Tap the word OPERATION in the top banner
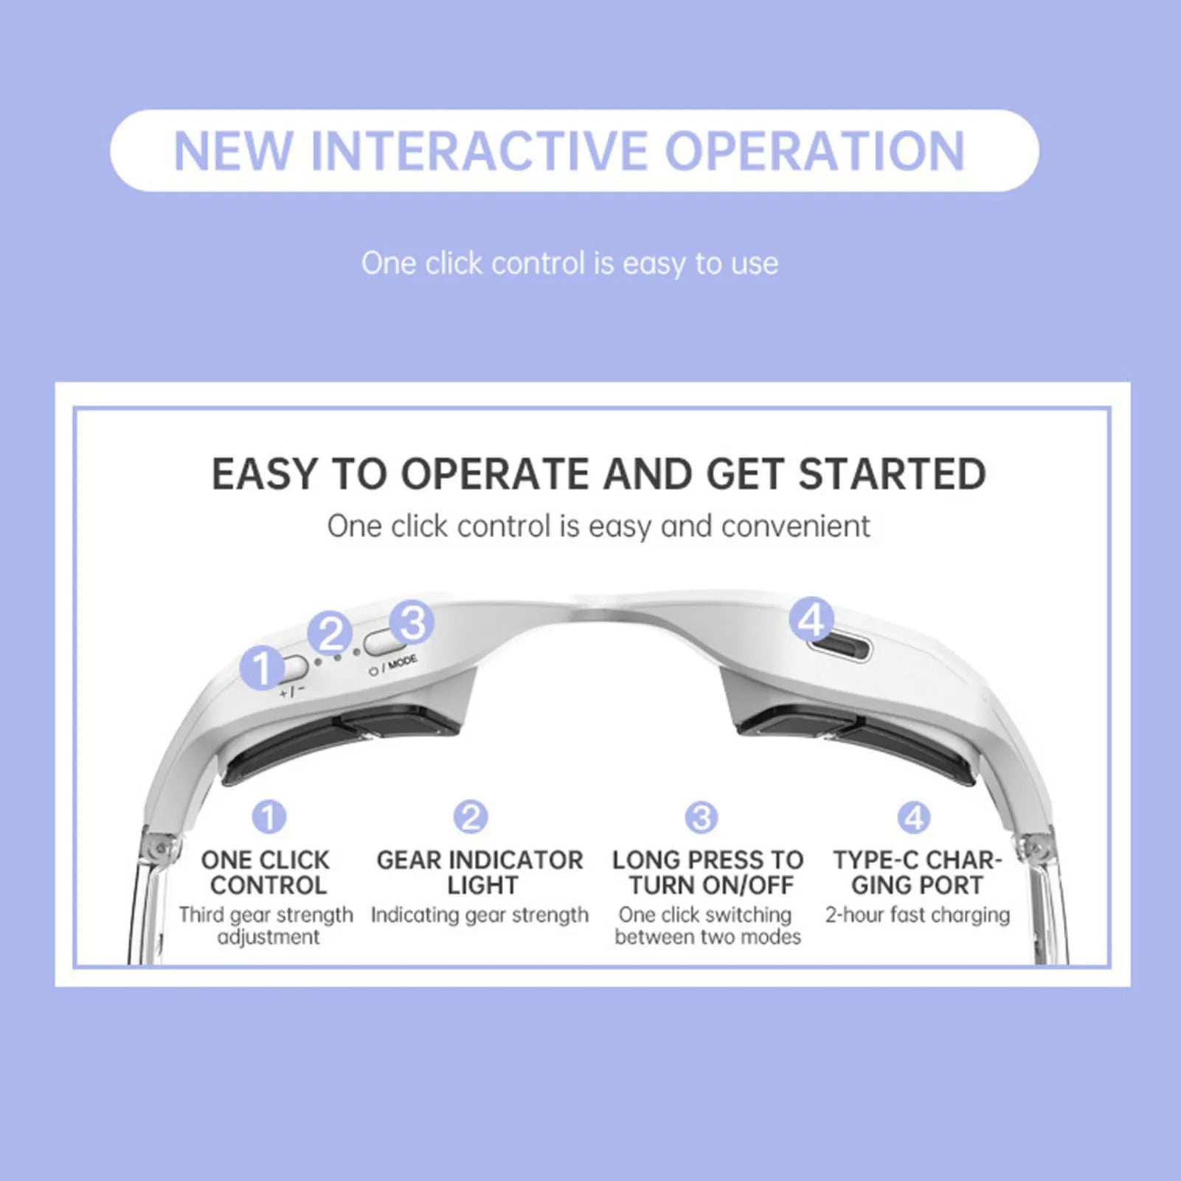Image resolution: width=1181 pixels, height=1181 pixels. [814, 151]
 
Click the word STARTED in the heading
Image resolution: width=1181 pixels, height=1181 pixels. [892, 474]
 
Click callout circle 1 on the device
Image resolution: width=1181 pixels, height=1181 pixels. [261, 668]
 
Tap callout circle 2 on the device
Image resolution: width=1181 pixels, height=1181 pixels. [329, 633]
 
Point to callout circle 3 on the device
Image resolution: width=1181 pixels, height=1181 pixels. [412, 622]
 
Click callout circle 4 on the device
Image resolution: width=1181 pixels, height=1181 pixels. [811, 619]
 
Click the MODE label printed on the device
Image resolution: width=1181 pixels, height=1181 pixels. [403, 662]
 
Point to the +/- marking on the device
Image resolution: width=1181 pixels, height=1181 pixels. [292, 692]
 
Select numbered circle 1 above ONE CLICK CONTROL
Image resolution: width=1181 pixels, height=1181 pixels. [269, 817]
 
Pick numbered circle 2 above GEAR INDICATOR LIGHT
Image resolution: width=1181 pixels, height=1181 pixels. [471, 817]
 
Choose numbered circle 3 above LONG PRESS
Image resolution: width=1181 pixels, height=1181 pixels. [701, 817]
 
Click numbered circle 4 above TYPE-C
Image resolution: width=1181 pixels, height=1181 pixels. [914, 817]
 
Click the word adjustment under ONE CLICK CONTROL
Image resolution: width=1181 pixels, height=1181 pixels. [269, 938]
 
